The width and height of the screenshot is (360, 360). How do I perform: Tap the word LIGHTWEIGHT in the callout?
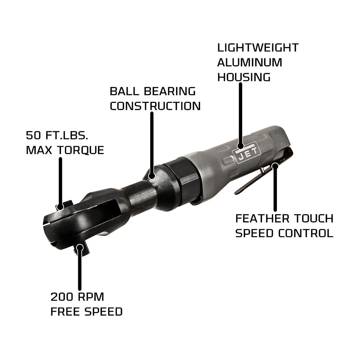[258, 48]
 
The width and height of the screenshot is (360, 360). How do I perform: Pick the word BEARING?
[170, 91]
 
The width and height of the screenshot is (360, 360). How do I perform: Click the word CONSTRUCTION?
[155, 106]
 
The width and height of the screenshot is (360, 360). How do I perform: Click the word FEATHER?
[262, 218]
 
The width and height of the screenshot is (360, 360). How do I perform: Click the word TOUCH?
[313, 218]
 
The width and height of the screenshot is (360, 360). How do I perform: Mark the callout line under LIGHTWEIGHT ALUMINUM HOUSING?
[240, 115]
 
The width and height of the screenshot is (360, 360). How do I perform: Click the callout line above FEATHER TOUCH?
[275, 191]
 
